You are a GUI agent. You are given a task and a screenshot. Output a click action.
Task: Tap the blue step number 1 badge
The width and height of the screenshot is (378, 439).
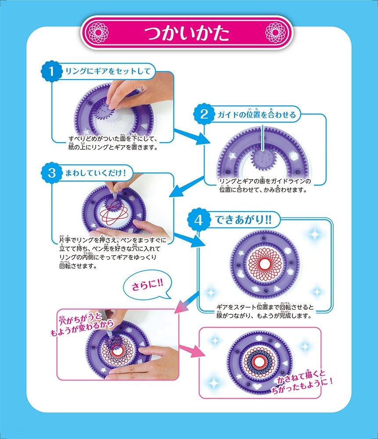(51, 71)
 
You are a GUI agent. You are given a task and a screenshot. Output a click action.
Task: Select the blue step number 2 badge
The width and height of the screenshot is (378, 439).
(204, 115)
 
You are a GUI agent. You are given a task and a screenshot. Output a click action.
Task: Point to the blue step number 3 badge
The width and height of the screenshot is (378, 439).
(51, 173)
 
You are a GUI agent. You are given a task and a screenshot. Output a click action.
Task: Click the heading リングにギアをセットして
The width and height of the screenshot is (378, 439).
(107, 71)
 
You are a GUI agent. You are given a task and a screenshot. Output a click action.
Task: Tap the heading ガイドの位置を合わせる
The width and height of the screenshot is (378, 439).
(257, 115)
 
